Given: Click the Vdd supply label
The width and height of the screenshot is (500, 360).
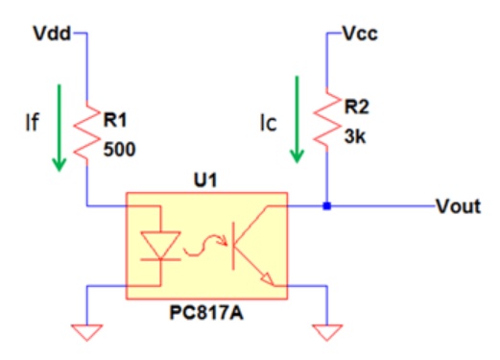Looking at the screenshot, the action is click(52, 34).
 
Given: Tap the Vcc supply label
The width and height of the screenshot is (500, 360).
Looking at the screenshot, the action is click(360, 34).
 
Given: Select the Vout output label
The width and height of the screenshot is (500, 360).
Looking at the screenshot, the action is click(459, 206).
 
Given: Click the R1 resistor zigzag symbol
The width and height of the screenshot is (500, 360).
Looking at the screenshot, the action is click(86, 133).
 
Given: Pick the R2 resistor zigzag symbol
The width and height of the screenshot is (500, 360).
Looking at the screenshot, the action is click(326, 119).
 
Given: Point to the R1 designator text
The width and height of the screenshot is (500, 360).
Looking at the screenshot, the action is click(115, 120).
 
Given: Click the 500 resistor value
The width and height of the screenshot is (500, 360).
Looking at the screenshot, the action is click(120, 149).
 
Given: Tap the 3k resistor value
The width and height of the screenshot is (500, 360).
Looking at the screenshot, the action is click(355, 136).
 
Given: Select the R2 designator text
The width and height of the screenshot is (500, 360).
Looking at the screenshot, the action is click(357, 107).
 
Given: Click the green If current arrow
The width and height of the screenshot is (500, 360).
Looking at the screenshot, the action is click(60, 128).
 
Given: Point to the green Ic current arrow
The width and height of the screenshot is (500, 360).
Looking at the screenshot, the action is click(297, 120).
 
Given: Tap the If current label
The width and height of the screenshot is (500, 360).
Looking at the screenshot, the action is click(32, 122).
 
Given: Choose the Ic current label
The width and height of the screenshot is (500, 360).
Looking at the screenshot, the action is click(268, 123).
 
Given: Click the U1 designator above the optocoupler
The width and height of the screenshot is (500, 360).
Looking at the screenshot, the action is click(205, 180).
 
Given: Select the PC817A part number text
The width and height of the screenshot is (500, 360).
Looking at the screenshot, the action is click(206, 313).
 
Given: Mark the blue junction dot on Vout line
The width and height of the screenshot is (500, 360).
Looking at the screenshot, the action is click(326, 206).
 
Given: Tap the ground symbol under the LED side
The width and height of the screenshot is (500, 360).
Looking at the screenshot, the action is click(86, 332).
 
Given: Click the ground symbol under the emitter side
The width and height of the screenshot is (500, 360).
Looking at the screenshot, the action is click(327, 332).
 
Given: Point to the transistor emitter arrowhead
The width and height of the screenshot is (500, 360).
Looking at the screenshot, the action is click(268, 279).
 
